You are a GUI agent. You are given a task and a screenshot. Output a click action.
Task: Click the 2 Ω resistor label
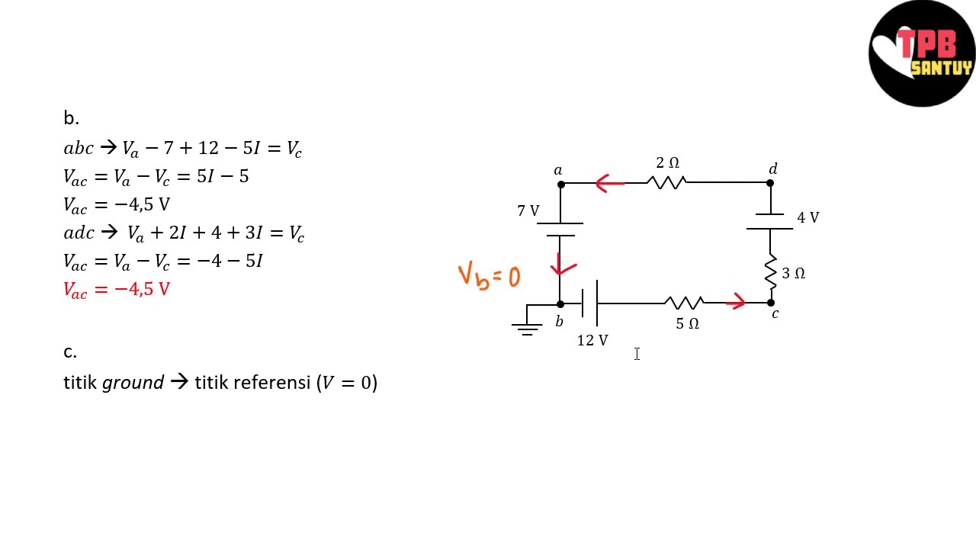(667, 162)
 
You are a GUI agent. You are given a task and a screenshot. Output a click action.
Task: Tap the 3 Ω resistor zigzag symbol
(771, 272)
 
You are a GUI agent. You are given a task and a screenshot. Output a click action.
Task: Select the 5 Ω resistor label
(688, 324)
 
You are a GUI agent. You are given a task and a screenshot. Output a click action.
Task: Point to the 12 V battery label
(592, 340)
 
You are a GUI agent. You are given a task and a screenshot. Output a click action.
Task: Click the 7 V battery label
(528, 211)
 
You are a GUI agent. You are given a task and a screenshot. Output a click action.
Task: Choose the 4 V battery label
(808, 217)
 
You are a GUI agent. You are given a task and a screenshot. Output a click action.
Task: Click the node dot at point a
(561, 185)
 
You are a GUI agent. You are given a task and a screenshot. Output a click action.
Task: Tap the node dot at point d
(770, 183)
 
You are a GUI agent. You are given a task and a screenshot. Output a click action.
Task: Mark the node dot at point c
(771, 303)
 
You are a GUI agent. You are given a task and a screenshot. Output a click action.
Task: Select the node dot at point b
(560, 304)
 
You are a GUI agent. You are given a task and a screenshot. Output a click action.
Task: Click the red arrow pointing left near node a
(609, 184)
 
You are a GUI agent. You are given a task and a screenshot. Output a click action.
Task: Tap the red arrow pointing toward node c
(736, 301)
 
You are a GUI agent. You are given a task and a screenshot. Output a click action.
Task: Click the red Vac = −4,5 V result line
(117, 290)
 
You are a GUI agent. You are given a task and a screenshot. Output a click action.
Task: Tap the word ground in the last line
(133, 384)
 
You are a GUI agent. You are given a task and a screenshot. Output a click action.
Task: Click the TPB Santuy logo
(922, 53)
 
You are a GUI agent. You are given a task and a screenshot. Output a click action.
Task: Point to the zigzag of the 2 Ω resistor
(666, 182)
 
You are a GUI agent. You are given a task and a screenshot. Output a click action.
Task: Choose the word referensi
(272, 383)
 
